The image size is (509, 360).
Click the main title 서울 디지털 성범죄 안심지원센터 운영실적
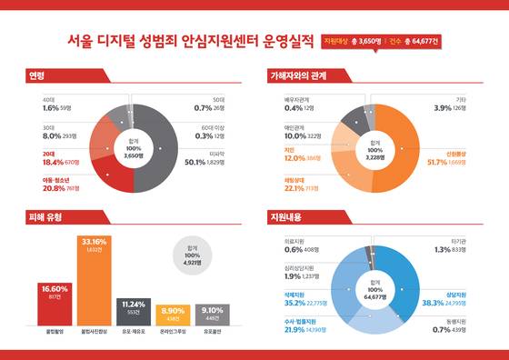click(x=192, y=41)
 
